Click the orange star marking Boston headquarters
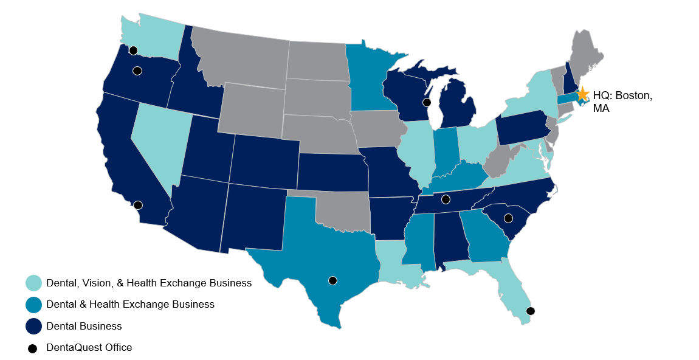pos(582,94)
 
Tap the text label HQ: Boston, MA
pos(622,102)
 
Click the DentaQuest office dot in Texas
pos(332,280)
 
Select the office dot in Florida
pos(530,311)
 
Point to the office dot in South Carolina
pos(508,218)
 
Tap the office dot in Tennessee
pos(446,199)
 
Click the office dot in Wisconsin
pos(427,102)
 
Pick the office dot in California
pos(138,205)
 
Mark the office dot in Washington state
pos(133,50)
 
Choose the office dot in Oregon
pos(137,71)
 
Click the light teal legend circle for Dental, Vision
pos(33,283)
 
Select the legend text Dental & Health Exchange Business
pos(130,304)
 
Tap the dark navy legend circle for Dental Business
pos(33,326)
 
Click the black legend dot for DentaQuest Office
pos(33,348)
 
